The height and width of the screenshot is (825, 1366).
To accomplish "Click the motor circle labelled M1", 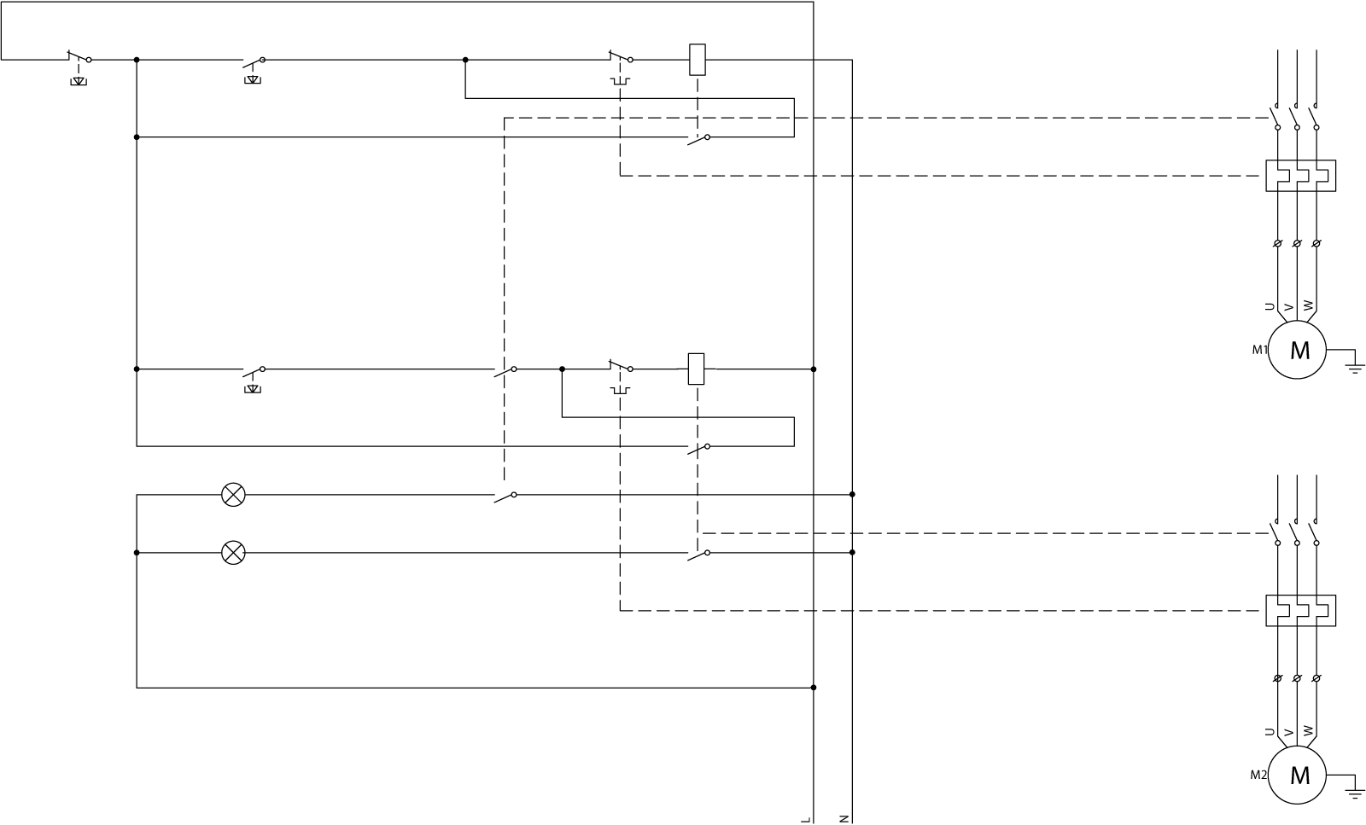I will (x=1297, y=350).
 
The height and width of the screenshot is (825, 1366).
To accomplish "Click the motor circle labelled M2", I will (x=1297, y=775).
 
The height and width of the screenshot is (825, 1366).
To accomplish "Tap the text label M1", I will (x=1258, y=350).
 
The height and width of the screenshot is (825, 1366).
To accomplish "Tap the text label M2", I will (x=1258, y=776).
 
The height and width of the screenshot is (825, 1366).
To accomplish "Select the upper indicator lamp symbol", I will (x=233, y=494).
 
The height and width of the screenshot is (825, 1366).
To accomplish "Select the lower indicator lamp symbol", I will (x=233, y=553).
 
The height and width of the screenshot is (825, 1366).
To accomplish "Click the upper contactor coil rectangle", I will (x=698, y=59).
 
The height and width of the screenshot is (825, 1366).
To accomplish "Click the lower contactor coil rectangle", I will (x=697, y=369).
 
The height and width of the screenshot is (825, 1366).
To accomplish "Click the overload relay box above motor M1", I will (x=1300, y=176).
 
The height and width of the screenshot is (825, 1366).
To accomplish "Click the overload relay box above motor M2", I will (x=1300, y=610).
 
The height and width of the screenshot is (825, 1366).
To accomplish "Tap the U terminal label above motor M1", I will (x=1270, y=306).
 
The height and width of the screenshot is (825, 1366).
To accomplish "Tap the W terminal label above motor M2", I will (x=1308, y=731).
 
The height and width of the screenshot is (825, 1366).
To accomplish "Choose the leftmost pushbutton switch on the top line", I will (x=79, y=60).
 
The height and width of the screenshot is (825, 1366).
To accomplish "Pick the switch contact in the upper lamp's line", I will (x=505, y=495).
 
